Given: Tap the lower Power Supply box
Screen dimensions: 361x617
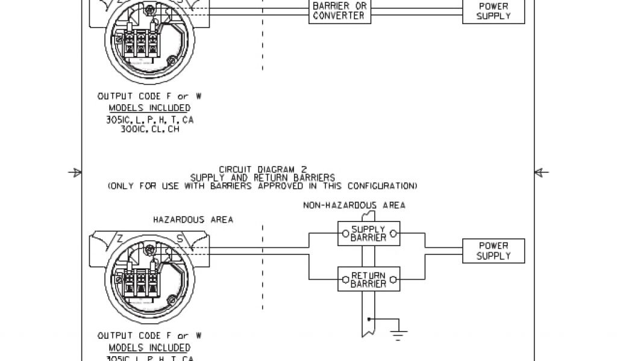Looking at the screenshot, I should tap(493, 251).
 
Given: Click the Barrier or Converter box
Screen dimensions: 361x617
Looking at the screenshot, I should tap(339, 11).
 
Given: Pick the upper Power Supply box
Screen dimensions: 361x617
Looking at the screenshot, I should tap(493, 11).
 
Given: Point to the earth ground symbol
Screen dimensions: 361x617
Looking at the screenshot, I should tap(398, 333).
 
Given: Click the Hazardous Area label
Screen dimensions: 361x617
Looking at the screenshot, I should tap(193, 220).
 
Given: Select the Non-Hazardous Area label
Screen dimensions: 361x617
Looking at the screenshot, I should tap(354, 205).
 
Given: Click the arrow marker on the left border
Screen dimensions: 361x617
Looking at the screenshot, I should tap(75, 173).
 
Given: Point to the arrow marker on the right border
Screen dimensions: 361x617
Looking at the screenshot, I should tap(542, 173).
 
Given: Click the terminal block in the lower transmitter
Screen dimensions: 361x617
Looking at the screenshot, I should tap(140, 286).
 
